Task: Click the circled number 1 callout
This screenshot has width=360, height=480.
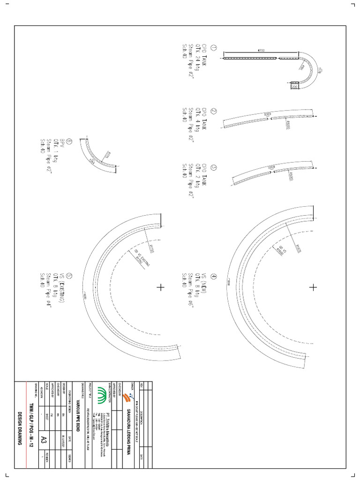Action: pos(214,48)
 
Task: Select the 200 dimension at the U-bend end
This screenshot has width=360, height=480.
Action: pos(294,87)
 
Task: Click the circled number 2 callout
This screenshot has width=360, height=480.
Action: pos(214,112)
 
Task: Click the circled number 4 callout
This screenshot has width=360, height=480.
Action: pos(214,276)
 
